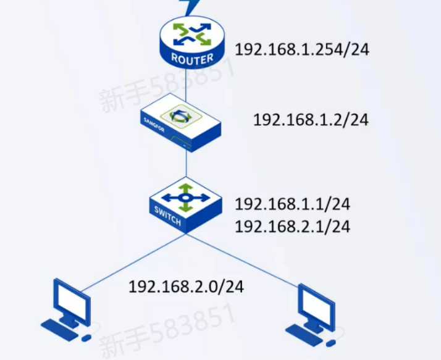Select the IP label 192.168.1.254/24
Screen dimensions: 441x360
302,49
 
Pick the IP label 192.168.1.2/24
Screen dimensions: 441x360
310,119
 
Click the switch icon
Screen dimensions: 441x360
186,203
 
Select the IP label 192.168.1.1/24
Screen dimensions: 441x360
292,204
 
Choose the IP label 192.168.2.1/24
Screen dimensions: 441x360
292,227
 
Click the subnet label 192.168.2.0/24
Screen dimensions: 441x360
186,287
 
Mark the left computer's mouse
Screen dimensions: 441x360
86,338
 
